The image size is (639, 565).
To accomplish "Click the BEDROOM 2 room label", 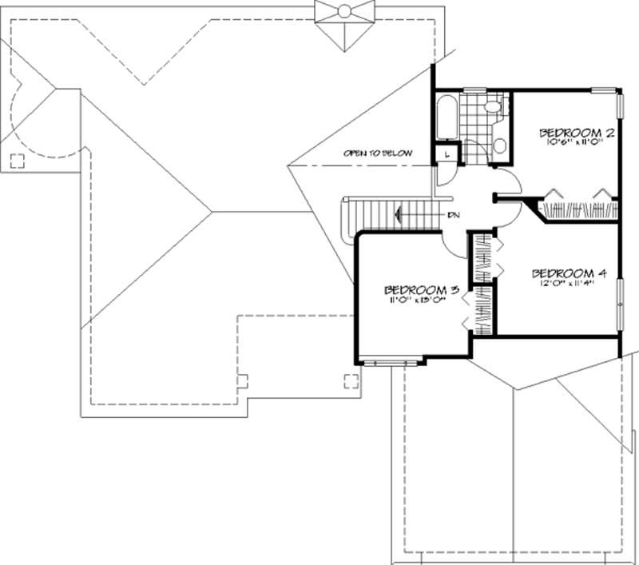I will click(x=576, y=133).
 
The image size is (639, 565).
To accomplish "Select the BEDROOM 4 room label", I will click(x=569, y=273).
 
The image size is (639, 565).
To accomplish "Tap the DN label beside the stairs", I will click(x=453, y=214).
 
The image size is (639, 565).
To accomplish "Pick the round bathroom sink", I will click(x=499, y=145).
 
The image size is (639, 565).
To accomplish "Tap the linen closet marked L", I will click(x=445, y=153).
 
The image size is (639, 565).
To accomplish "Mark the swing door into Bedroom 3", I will click(x=454, y=244).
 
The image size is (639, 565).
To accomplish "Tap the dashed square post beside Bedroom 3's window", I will click(x=350, y=380).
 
